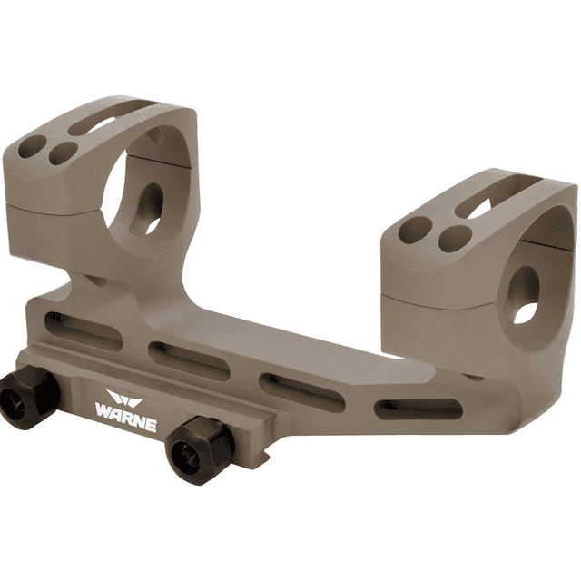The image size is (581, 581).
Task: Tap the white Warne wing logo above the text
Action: [x=120, y=399]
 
